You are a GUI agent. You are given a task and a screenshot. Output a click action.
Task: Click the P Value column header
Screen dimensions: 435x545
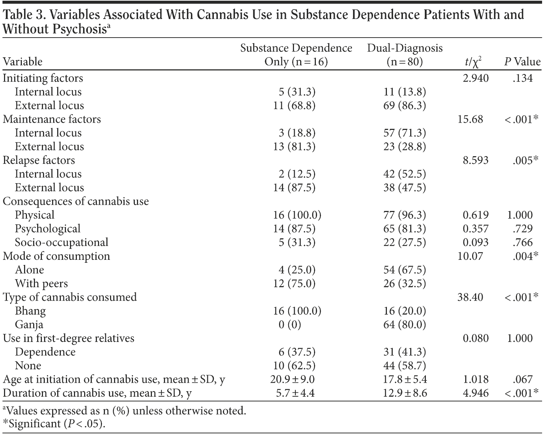tap(522, 62)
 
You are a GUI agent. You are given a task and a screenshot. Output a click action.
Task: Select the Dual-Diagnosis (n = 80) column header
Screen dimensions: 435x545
tap(404, 55)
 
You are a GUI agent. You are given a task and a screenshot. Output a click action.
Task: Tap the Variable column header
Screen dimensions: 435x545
tap(23, 62)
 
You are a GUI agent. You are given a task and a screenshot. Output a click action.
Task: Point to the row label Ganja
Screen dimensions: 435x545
tap(29, 324)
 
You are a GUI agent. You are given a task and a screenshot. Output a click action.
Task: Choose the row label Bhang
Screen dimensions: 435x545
tap(30, 311)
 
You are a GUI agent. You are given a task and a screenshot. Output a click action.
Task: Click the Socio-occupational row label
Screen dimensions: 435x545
tap(61, 242)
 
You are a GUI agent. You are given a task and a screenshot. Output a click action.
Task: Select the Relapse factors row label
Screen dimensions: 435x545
tap(39, 160)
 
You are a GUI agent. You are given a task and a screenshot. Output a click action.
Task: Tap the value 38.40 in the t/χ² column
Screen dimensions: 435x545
tap(470, 297)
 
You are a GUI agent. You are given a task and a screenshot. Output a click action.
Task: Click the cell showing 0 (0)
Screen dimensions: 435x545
tap(290, 324)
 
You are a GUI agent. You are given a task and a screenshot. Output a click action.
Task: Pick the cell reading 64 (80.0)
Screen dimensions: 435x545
tap(404, 324)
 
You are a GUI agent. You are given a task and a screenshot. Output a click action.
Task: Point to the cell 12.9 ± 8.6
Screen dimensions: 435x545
tap(404, 393)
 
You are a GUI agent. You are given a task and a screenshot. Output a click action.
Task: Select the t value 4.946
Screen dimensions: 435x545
tap(475, 393)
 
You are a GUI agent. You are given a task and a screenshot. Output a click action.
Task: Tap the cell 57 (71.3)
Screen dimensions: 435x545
tap(404, 133)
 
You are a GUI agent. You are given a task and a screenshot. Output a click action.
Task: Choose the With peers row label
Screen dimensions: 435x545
tap(41, 284)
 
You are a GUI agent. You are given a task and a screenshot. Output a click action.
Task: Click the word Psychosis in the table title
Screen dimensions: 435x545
tap(79, 29)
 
